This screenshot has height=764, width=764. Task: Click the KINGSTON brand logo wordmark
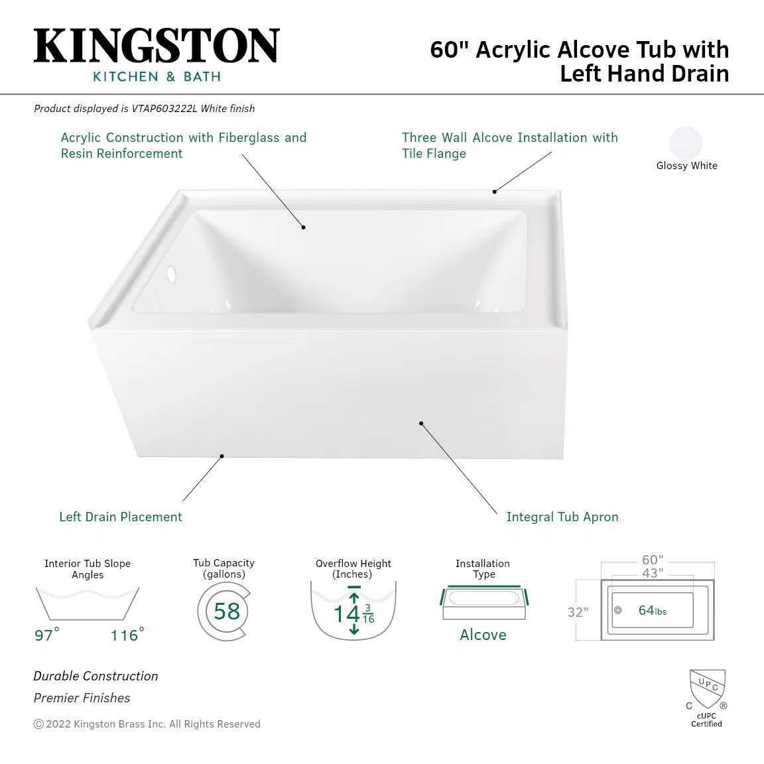coord(157,46)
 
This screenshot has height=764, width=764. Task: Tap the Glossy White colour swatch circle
coord(686,143)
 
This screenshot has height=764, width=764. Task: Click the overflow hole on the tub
coord(171,274)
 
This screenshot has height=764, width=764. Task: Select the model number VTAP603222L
coord(164,109)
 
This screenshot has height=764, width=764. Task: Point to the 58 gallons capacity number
coord(227,611)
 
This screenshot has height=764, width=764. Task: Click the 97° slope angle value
coord(47,635)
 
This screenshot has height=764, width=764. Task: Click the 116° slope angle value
coord(127,635)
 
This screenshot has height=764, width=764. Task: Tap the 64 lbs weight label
coord(653,611)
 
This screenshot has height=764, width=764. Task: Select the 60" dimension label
coord(653,559)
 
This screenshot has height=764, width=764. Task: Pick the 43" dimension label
coord(653,573)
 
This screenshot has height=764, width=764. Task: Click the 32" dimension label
coord(578,612)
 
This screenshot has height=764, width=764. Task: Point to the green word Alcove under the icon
coord(483,635)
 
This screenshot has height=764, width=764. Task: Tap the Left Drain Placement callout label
coord(121,517)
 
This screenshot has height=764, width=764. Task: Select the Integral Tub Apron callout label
coord(562,517)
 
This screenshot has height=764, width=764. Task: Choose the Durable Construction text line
coord(95,676)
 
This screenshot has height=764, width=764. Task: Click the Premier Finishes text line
coord(82,698)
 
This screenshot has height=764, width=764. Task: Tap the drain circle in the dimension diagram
coord(618,610)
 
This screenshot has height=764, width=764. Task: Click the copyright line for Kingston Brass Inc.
coord(147,724)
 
